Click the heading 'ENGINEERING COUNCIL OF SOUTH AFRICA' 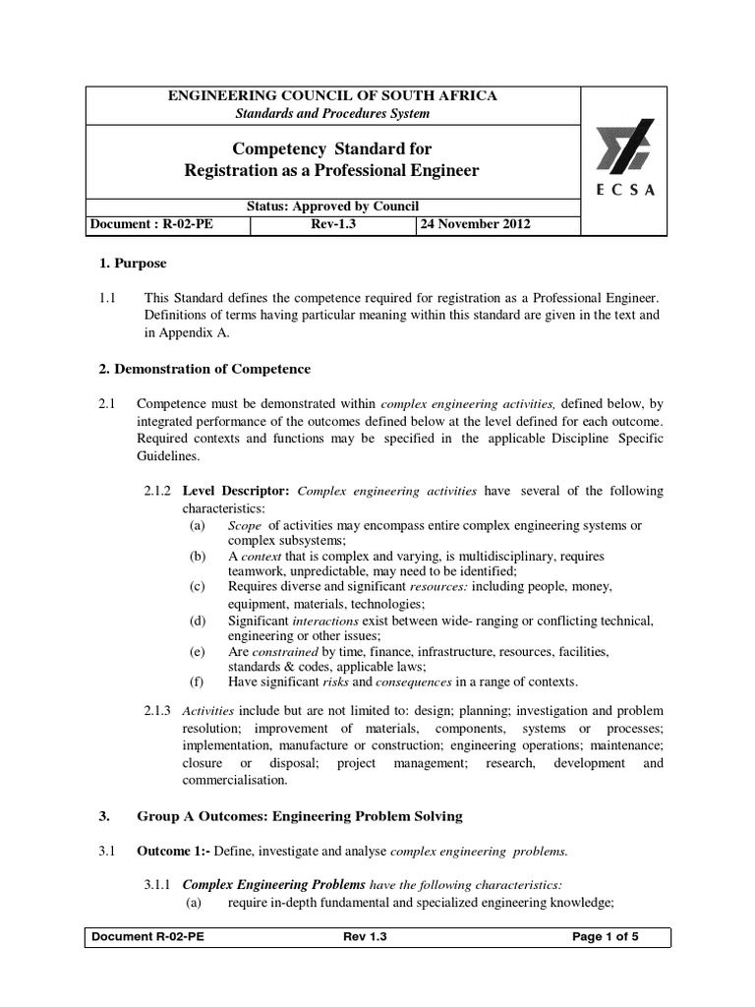point(333,95)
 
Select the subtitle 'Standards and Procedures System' point(333,113)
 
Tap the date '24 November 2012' point(476,224)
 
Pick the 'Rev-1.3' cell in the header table point(332,224)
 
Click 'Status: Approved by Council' point(333,206)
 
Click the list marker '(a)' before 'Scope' point(198,526)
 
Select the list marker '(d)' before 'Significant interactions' point(198,621)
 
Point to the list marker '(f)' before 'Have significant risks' point(198,681)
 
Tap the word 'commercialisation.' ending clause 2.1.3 point(234,780)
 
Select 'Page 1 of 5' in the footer point(606,937)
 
